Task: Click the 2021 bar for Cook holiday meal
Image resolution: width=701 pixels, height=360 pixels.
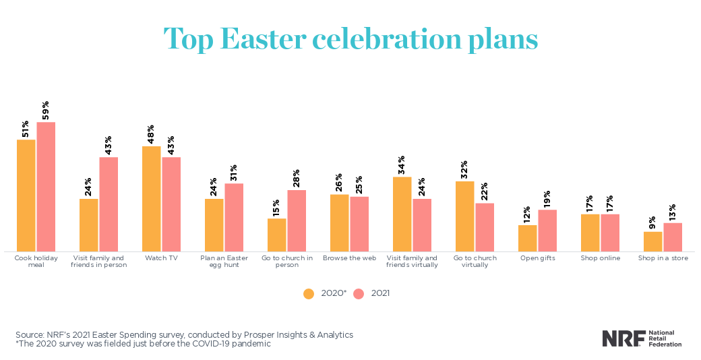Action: [x=46, y=187]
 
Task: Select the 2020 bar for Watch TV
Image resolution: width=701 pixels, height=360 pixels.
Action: [x=152, y=199]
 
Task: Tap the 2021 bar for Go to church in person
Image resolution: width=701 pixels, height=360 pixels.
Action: [x=297, y=220]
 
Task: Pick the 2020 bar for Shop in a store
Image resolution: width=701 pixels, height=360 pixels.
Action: [x=653, y=241]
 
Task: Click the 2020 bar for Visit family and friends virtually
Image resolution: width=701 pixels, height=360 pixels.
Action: [x=402, y=214]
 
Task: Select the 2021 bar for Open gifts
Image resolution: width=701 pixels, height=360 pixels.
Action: [x=547, y=231]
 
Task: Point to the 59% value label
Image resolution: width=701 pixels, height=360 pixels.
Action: [x=46, y=111]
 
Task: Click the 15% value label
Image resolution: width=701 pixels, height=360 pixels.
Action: [x=276, y=207]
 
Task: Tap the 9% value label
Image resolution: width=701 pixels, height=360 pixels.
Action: [x=653, y=222]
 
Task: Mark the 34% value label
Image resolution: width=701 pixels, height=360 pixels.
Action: [x=402, y=166]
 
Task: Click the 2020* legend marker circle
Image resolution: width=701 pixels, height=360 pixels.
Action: [x=309, y=293]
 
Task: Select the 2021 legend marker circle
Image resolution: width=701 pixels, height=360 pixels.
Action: [x=359, y=293]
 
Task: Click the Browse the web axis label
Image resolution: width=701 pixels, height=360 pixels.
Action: [x=349, y=258]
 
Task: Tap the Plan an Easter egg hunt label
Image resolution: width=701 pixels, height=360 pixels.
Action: [x=224, y=262]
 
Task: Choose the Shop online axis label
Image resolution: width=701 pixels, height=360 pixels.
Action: [x=600, y=258]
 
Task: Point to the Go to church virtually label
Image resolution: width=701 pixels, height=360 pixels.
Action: [x=475, y=262]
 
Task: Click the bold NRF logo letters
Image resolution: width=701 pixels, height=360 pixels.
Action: [x=622, y=338]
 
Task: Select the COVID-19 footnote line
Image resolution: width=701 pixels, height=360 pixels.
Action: [x=143, y=344]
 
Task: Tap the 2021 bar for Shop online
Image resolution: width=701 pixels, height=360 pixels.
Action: [x=610, y=233]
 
